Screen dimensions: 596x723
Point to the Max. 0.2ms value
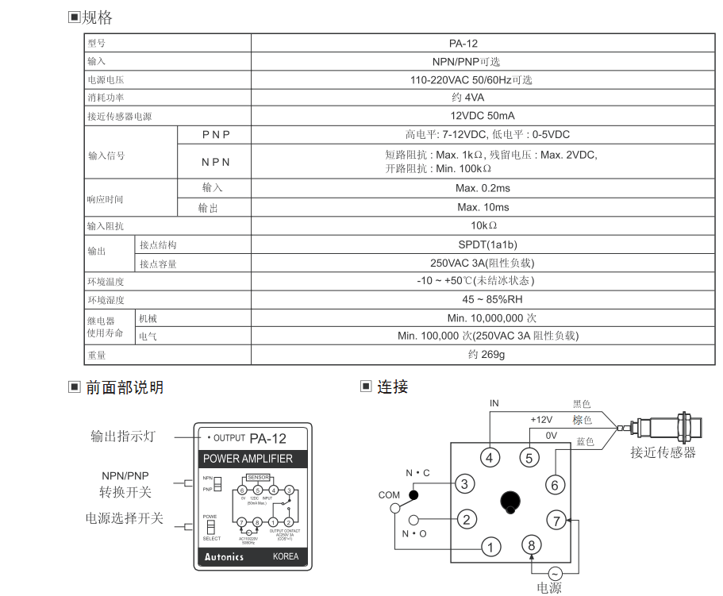coord(483,188)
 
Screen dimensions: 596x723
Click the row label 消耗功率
coord(106,98)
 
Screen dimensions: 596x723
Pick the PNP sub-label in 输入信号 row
coord(215,135)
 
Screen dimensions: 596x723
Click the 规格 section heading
coord(98,17)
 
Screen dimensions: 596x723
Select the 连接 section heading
coord(392,387)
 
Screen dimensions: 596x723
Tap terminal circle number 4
coord(490,457)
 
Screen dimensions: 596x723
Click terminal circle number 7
coord(557,521)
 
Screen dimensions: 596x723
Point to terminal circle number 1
coord(491,546)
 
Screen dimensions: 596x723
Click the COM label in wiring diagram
coord(389,494)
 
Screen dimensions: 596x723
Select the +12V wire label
coord(540,419)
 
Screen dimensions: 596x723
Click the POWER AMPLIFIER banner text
coord(248,459)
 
